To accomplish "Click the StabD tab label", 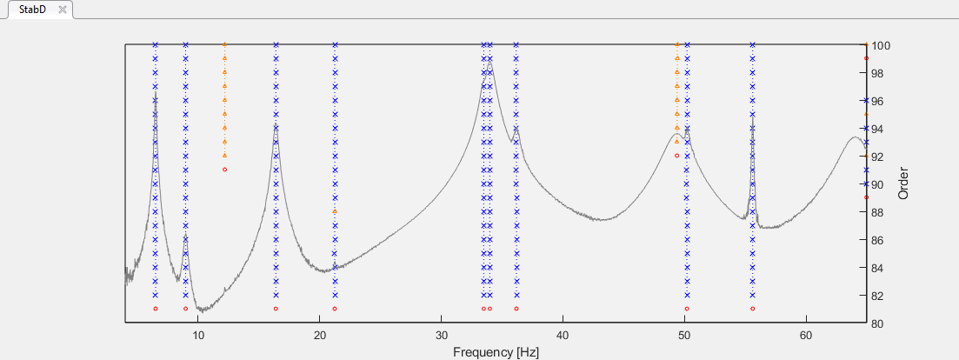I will [x=32, y=9].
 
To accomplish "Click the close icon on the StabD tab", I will [x=62, y=9].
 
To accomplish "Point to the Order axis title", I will [x=902, y=183].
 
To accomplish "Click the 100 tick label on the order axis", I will [x=882, y=45].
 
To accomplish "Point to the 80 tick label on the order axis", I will [x=879, y=323].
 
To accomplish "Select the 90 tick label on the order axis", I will [x=879, y=184].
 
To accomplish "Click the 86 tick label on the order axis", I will [x=879, y=240].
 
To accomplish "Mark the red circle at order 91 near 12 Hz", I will [x=224, y=170].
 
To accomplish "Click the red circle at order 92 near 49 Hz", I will [x=676, y=156].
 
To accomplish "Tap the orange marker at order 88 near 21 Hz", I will [x=335, y=211].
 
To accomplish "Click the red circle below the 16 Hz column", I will [x=276, y=309].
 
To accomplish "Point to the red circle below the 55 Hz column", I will [x=752, y=309].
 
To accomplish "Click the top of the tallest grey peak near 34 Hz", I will [x=489, y=63].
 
